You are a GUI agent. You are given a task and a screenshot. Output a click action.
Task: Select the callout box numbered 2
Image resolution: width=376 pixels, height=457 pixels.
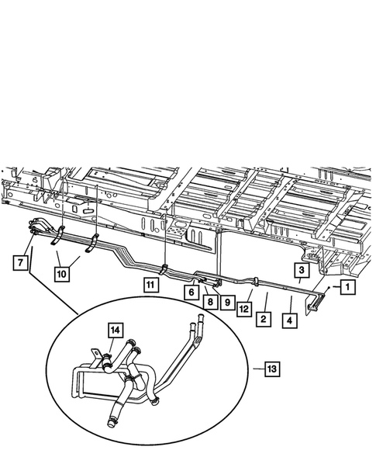(x=264, y=318)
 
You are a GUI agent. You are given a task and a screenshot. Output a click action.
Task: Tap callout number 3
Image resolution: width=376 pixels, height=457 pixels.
(x=301, y=270)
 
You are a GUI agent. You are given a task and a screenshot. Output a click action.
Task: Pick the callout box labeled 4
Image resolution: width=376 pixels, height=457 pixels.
(x=291, y=318)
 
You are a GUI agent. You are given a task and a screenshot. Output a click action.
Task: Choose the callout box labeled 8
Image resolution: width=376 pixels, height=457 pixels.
(x=209, y=300)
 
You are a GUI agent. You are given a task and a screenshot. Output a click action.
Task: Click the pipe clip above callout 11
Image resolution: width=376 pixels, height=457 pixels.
(x=164, y=268)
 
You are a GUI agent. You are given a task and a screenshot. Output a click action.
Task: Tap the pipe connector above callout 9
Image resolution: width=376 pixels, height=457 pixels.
(x=219, y=280)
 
